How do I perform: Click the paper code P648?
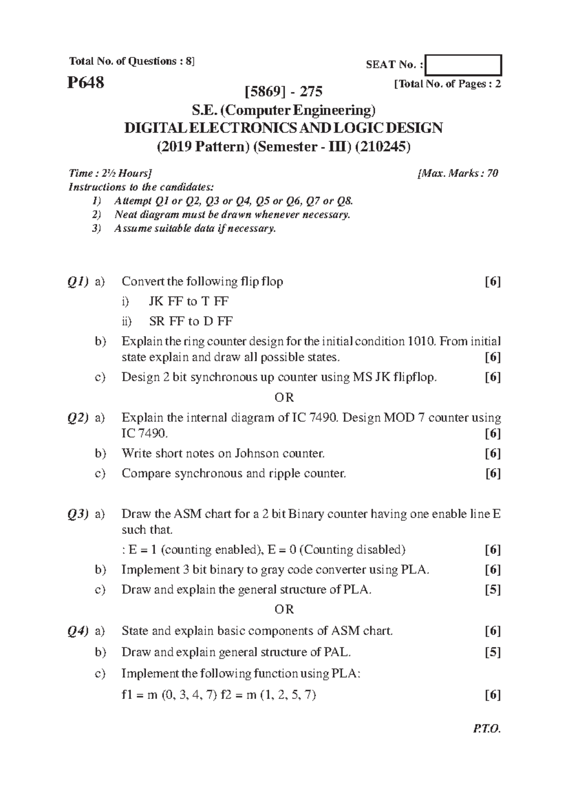point(86,83)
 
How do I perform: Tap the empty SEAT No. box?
point(463,65)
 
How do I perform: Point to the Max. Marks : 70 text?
point(458,174)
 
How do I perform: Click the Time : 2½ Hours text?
point(110,174)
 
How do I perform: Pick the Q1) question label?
point(77,282)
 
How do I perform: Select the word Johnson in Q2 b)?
point(257,454)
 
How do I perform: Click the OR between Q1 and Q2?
point(284,397)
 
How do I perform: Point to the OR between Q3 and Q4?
point(284,609)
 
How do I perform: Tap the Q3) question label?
point(77,514)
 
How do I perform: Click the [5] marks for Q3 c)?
point(493,590)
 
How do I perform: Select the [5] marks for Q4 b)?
point(493,653)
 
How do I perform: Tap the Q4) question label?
point(77,631)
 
